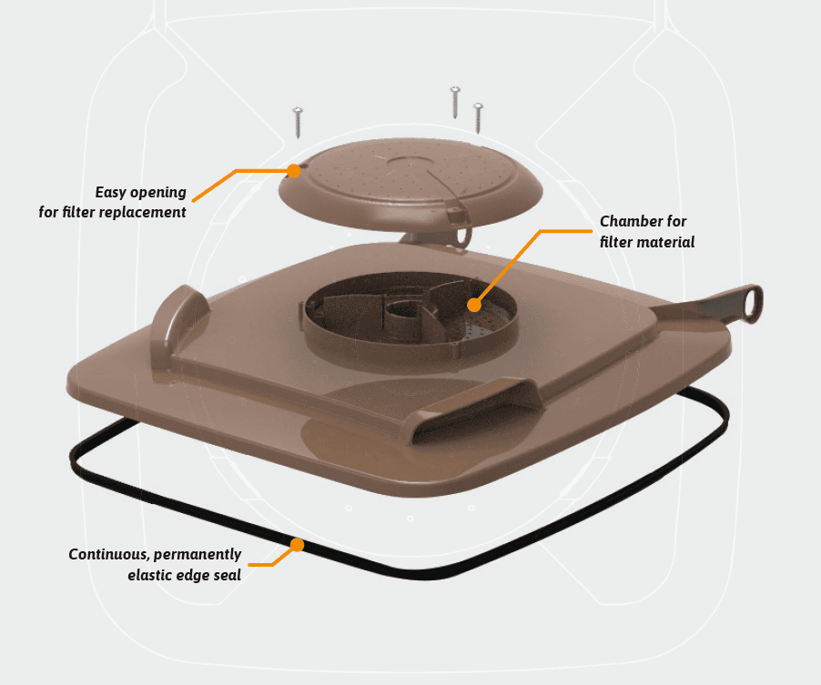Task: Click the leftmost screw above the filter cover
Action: (x=298, y=123)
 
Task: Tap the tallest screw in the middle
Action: (x=455, y=103)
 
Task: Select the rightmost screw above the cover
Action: (x=478, y=118)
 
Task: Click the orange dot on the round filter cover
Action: (x=294, y=171)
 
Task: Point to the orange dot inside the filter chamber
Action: (x=474, y=305)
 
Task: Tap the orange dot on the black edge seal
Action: (x=297, y=545)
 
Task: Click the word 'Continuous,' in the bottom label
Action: (x=109, y=554)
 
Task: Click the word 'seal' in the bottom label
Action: (x=228, y=575)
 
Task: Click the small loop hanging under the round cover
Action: (x=463, y=235)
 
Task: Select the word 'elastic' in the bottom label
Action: (x=147, y=575)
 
